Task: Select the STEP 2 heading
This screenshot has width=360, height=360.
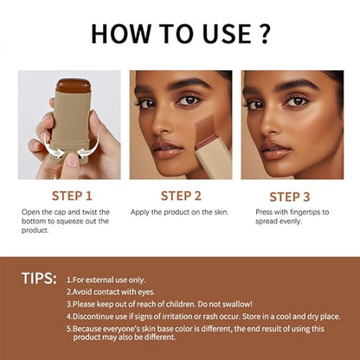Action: (x=180, y=196)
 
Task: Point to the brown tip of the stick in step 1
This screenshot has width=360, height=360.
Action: (x=74, y=87)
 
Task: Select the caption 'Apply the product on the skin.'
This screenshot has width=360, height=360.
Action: (x=179, y=212)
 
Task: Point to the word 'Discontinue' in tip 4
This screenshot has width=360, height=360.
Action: (x=95, y=318)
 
